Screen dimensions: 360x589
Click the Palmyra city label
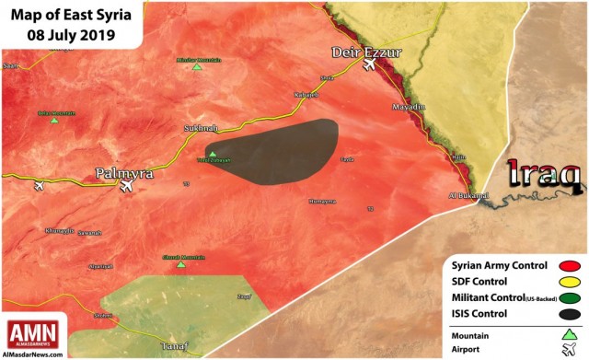click(x=125, y=172)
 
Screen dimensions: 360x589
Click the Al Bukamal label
click(x=466, y=196)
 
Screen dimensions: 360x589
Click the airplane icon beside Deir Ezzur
click(x=370, y=65)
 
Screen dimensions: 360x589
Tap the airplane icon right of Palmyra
click(x=126, y=186)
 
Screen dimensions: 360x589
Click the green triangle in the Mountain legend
click(x=568, y=334)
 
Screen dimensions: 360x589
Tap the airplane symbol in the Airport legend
click(x=568, y=350)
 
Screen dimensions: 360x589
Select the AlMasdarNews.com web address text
click(x=32, y=353)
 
